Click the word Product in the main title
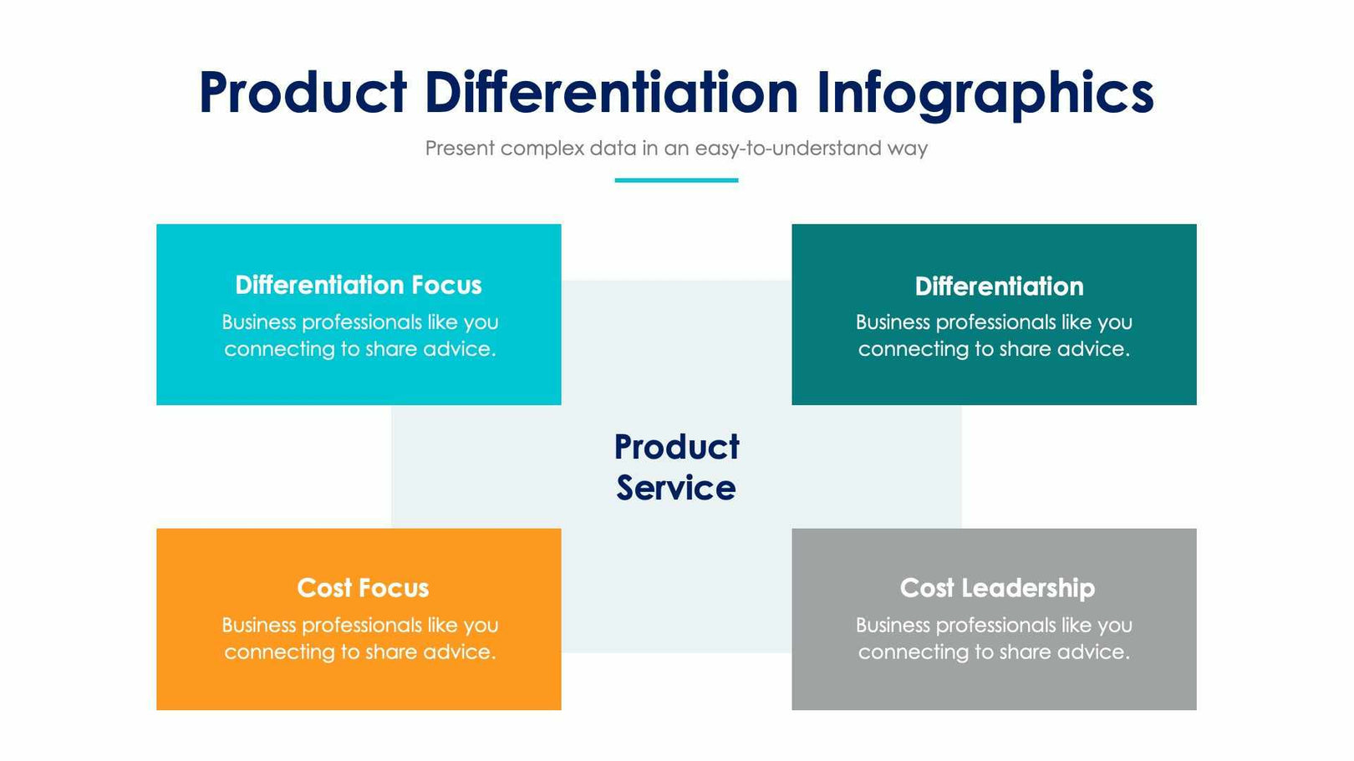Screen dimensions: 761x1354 pyautogui.click(x=303, y=93)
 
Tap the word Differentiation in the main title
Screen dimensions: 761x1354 pyautogui.click(x=611, y=93)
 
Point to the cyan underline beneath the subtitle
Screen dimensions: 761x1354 pyautogui.click(x=676, y=180)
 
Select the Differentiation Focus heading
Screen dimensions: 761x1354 pyautogui.click(x=359, y=285)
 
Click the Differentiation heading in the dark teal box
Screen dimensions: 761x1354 pyautogui.click(x=999, y=287)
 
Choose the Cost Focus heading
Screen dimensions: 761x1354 pyautogui.click(x=363, y=588)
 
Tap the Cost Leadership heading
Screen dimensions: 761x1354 pyautogui.click(x=997, y=588)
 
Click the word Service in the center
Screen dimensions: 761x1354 pyautogui.click(x=676, y=489)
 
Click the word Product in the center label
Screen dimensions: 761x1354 pyautogui.click(x=676, y=448)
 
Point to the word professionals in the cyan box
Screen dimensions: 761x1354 pyautogui.click(x=362, y=322)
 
